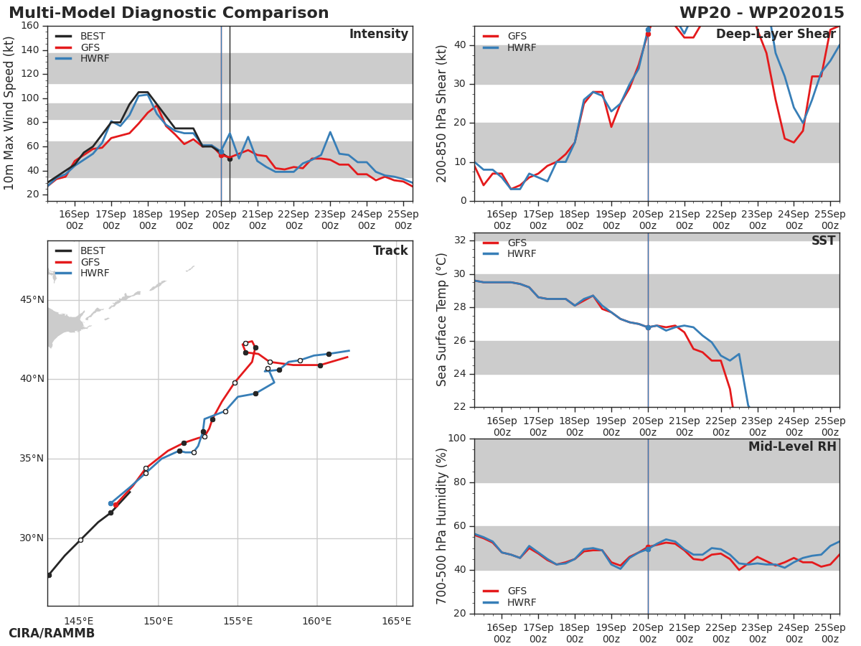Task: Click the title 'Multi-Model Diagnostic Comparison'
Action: (169, 14)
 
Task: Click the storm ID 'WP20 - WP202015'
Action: (761, 14)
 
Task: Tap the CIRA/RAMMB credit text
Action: (52, 634)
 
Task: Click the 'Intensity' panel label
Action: (378, 34)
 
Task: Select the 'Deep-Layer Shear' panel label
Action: (776, 34)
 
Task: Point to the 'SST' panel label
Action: (823, 241)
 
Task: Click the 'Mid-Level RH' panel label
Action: (792, 447)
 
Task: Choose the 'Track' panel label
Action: (390, 251)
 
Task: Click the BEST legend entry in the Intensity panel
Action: (92, 37)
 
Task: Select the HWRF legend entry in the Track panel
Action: (94, 273)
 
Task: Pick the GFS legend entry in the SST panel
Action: (517, 243)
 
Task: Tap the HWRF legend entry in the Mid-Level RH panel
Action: (522, 603)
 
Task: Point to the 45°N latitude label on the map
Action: (31, 300)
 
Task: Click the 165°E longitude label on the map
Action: (396, 621)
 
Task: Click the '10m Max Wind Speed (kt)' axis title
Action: (9, 113)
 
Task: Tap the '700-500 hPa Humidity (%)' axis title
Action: (441, 525)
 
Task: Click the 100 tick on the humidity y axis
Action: (456, 439)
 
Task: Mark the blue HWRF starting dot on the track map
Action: (110, 504)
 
